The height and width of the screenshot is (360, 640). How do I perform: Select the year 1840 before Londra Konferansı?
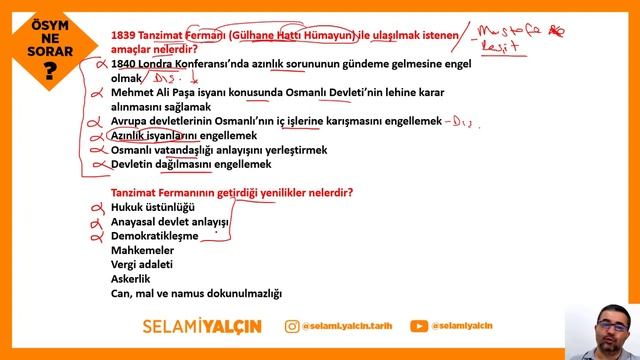point(126,62)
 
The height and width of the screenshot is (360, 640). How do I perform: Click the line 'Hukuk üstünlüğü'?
point(152,207)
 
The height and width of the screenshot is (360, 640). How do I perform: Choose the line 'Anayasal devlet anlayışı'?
point(170,221)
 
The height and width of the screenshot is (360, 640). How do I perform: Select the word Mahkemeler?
point(141,250)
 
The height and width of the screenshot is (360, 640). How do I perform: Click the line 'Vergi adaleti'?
point(142,265)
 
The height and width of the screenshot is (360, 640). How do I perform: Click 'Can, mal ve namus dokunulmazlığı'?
point(196,294)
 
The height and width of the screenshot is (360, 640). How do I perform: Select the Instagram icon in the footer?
point(291,326)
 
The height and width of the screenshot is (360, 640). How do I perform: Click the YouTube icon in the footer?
point(419,326)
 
